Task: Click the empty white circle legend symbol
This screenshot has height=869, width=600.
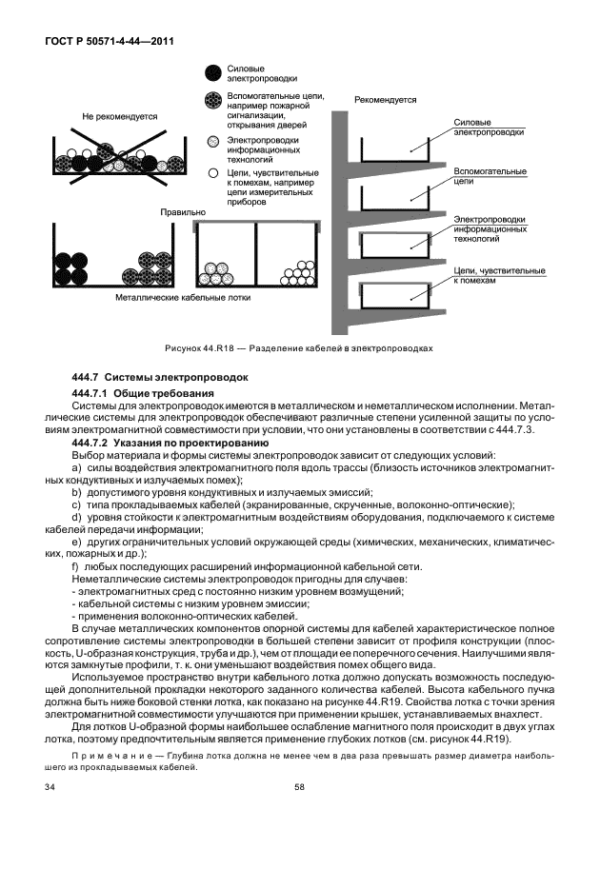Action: (x=213, y=174)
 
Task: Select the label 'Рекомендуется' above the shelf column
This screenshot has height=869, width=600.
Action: (x=386, y=98)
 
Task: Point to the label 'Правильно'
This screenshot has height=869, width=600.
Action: (x=183, y=212)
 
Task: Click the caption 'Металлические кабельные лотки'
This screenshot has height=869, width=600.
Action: (x=174, y=297)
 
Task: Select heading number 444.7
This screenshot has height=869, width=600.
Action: (x=89, y=378)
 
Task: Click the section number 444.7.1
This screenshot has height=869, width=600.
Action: (x=92, y=393)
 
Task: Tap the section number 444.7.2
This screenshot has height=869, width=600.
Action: (x=92, y=444)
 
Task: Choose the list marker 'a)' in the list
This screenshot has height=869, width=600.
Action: (x=77, y=467)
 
